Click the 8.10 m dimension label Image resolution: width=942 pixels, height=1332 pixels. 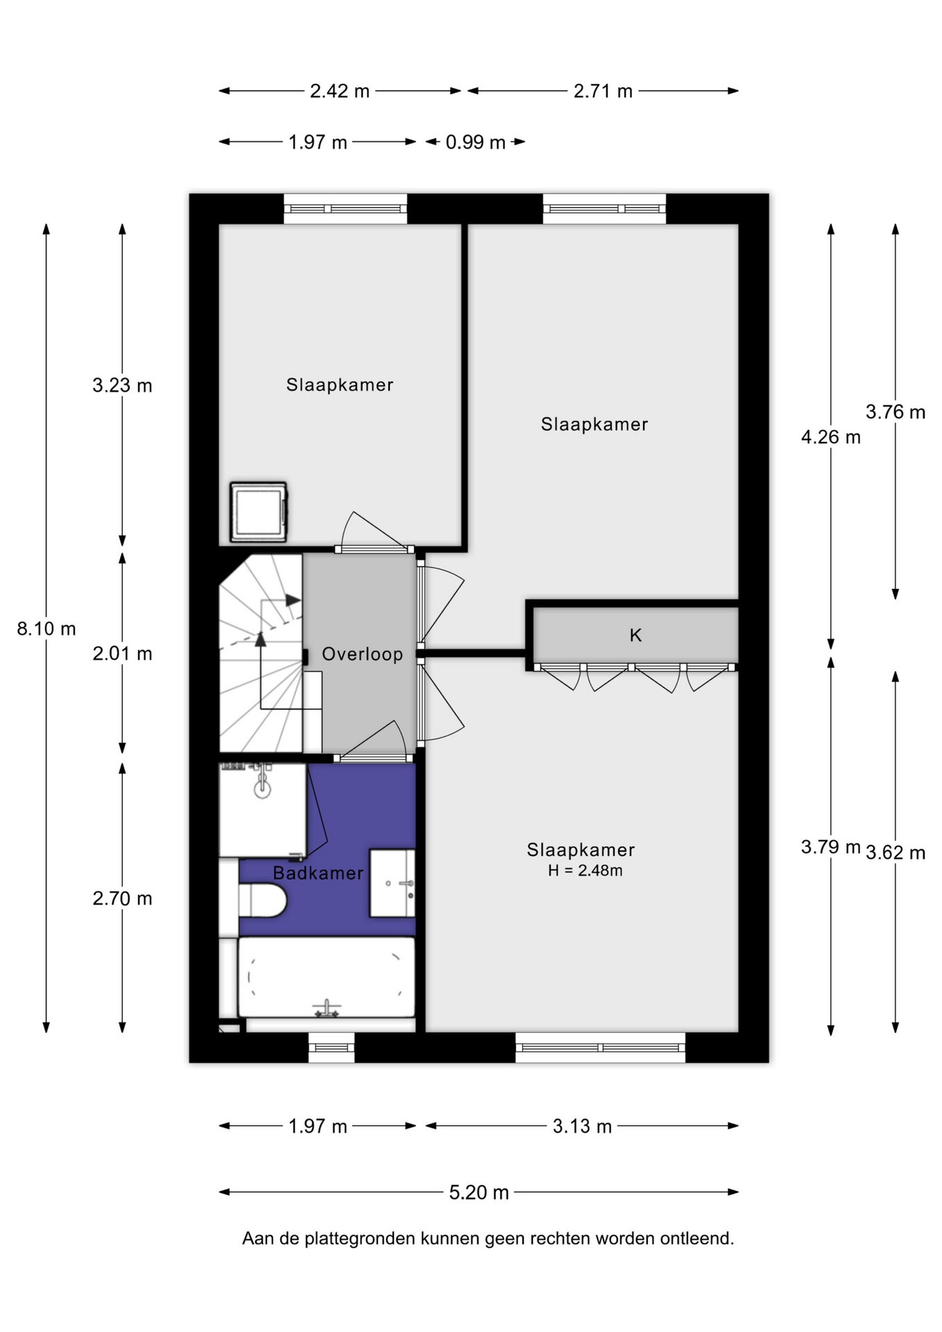pyautogui.click(x=46, y=629)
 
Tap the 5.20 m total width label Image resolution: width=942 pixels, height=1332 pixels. pyautogui.click(x=479, y=1192)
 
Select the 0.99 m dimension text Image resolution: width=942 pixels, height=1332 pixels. pyautogui.click(x=475, y=142)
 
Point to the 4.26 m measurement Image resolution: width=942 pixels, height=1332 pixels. pyautogui.click(x=830, y=437)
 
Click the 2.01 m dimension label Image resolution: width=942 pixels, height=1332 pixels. pyautogui.click(x=122, y=654)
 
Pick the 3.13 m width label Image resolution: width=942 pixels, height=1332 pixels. pyautogui.click(x=582, y=1126)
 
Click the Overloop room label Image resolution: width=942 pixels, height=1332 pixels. pyautogui.click(x=362, y=654)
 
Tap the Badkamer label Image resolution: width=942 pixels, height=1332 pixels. pyautogui.click(x=318, y=873)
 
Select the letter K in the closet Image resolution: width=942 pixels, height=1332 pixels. pyautogui.click(x=635, y=635)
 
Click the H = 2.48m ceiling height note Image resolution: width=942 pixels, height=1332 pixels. pyautogui.click(x=585, y=871)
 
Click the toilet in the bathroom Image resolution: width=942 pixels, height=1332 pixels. pyautogui.click(x=262, y=900)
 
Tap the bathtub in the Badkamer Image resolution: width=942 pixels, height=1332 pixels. pyautogui.click(x=326, y=977)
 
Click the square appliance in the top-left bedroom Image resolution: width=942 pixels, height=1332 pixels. pyautogui.click(x=258, y=512)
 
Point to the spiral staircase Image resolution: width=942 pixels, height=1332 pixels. pyautogui.click(x=261, y=654)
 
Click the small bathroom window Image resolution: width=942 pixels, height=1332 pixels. pyautogui.click(x=332, y=1047)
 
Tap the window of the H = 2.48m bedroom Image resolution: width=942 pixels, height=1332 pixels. pyautogui.click(x=600, y=1047)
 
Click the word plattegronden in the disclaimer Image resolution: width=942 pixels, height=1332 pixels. pyautogui.click(x=361, y=1239)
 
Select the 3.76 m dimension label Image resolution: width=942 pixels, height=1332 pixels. pyautogui.click(x=896, y=412)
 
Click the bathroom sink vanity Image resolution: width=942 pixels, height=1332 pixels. pyautogui.click(x=392, y=883)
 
